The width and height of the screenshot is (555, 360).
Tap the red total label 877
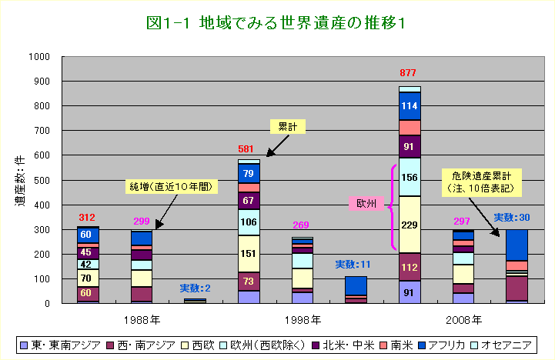point(409,74)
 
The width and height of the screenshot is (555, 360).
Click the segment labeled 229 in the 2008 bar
point(410,225)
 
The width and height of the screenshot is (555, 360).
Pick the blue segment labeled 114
point(410,106)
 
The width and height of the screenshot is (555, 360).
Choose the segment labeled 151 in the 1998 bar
point(249,254)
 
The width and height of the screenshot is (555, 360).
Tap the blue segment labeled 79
point(249,174)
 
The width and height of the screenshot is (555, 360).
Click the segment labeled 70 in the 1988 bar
point(88,278)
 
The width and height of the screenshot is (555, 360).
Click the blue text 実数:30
point(511,218)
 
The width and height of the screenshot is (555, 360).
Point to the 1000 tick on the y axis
point(38,57)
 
